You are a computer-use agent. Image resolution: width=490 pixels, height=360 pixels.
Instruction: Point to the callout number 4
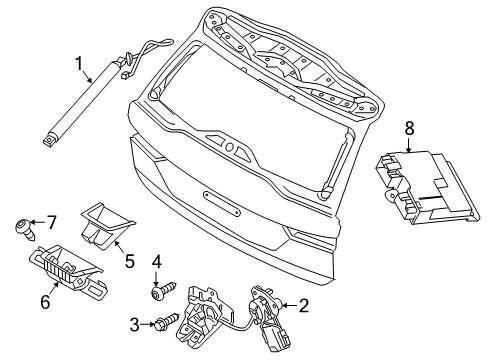(157, 262)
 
